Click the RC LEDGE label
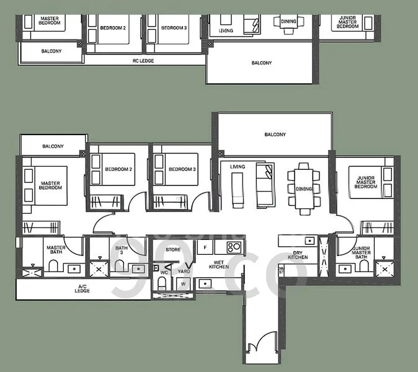click(x=143, y=61)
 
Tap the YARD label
click(x=184, y=271)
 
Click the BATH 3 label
click(x=122, y=251)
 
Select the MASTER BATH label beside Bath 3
click(x=56, y=251)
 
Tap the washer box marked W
click(x=184, y=285)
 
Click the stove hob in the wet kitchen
click(x=234, y=247)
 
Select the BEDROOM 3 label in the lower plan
click(x=182, y=169)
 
